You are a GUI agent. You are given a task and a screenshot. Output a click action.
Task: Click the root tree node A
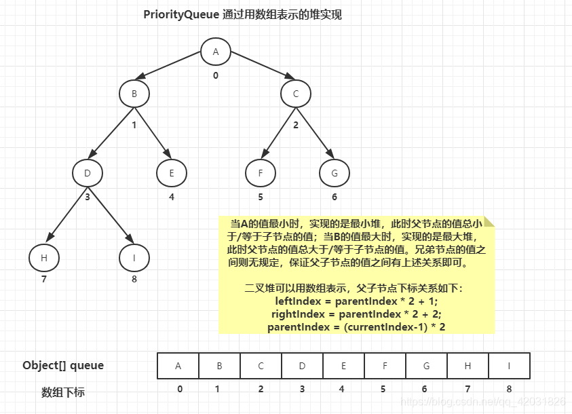[216, 52]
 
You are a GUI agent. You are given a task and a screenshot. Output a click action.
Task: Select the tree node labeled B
[134, 94]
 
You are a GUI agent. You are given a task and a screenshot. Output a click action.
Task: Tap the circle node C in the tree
[296, 94]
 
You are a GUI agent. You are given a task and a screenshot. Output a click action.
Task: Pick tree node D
[88, 173]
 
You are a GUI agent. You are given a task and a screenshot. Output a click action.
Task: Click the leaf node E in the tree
[172, 173]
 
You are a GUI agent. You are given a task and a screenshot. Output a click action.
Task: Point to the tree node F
[261, 173]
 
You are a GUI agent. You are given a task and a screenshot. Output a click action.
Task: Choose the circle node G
[334, 173]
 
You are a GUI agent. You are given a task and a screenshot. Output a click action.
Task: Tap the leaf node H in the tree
[44, 258]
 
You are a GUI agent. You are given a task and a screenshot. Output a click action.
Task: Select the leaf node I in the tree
[134, 258]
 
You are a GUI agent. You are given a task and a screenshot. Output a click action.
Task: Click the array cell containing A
[178, 366]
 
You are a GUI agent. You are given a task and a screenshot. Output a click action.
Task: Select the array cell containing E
[343, 366]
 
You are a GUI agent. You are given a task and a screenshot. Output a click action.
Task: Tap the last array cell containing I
[509, 366]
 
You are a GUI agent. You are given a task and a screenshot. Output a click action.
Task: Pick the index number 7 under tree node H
[44, 279]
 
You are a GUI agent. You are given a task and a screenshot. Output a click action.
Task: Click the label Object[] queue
[63, 366]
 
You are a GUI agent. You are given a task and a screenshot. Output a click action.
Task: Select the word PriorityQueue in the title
[182, 15]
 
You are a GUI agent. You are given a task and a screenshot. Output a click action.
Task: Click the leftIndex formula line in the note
[357, 301]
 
